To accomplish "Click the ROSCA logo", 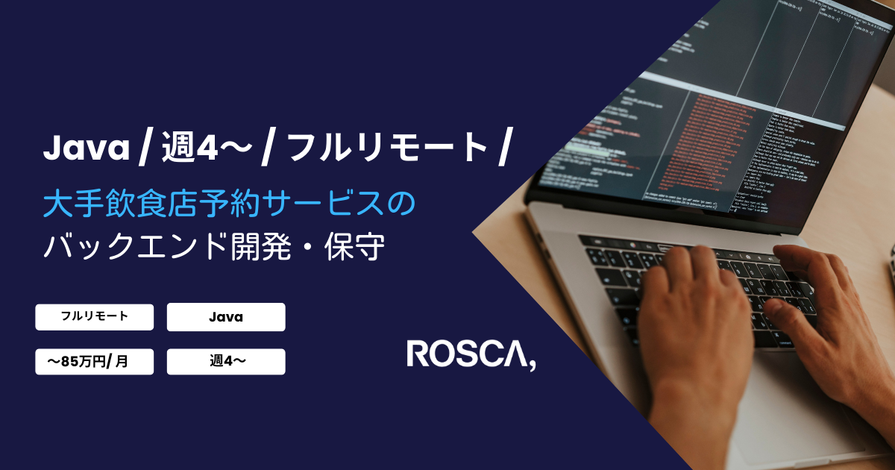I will [x=471, y=354].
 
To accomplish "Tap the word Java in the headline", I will [x=87, y=148].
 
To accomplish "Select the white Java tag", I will [x=226, y=317].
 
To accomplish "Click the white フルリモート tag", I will [x=94, y=317].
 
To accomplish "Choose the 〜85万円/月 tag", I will [x=94, y=362].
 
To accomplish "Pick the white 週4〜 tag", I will [x=226, y=362].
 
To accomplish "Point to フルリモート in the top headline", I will [x=387, y=148].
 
